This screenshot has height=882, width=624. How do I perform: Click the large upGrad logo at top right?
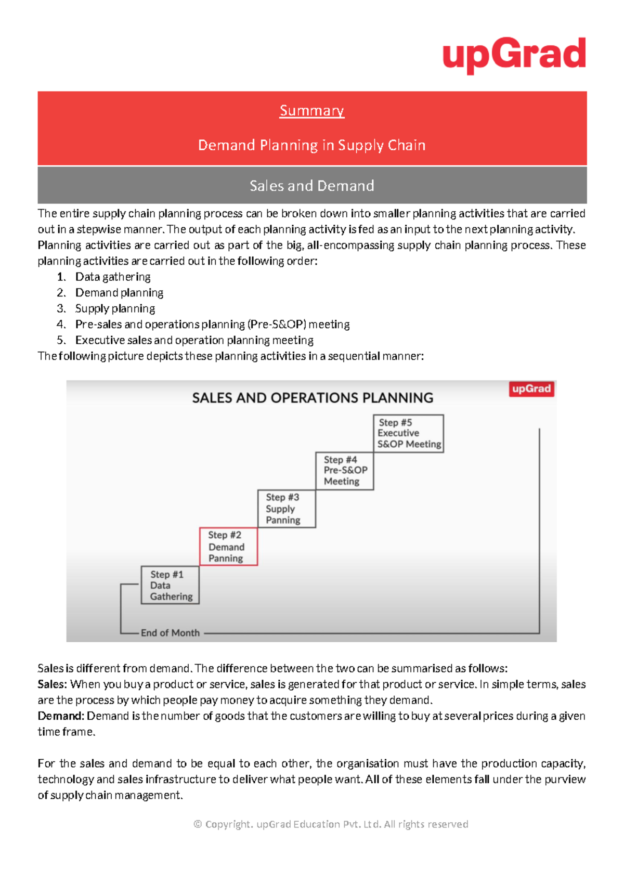pyautogui.click(x=514, y=55)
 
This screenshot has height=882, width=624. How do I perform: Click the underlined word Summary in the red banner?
pyautogui.click(x=311, y=111)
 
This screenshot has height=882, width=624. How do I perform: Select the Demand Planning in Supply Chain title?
pyautogui.click(x=311, y=145)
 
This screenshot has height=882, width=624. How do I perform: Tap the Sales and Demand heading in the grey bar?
pyautogui.click(x=311, y=186)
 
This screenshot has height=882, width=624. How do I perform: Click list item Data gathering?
pyautogui.click(x=113, y=277)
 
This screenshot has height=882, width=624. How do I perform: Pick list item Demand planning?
pyautogui.click(x=119, y=293)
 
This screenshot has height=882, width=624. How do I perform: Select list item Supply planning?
pyautogui.click(x=115, y=308)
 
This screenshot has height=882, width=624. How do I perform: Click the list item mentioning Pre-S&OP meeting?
pyautogui.click(x=212, y=325)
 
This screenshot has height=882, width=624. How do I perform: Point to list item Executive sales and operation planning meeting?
pyautogui.click(x=194, y=340)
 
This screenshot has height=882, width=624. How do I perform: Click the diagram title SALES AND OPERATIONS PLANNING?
pyautogui.click(x=313, y=398)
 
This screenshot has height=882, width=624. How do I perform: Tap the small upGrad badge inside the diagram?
pyautogui.click(x=531, y=389)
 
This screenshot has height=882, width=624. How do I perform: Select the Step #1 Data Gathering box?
pyautogui.click(x=170, y=585)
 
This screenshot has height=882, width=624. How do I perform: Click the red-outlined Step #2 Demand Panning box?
pyautogui.click(x=228, y=547)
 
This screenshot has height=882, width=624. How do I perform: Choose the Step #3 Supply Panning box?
pyautogui.click(x=287, y=509)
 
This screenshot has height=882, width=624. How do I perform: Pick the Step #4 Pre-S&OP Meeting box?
pyautogui.click(x=344, y=471)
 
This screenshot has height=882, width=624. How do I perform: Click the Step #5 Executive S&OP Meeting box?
pyautogui.click(x=408, y=433)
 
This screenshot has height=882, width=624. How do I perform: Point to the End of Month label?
pyautogui.click(x=170, y=633)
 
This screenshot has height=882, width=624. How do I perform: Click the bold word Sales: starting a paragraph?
pyautogui.click(x=52, y=684)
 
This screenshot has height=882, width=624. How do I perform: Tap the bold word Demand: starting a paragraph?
pyautogui.click(x=60, y=716)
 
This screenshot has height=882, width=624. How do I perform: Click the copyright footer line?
pyautogui.click(x=331, y=824)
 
